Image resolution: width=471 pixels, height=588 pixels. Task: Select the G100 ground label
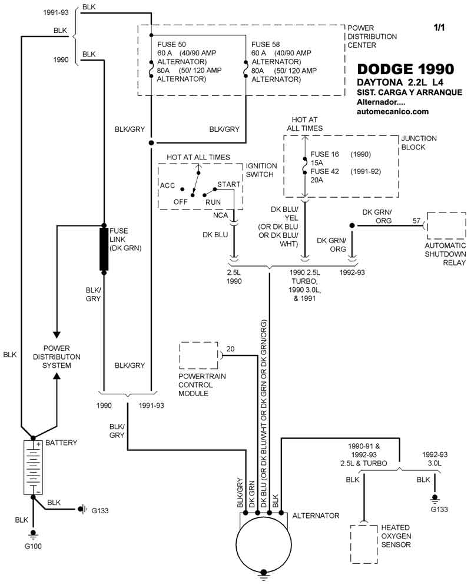point(33,546)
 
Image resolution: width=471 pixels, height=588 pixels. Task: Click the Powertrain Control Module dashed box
point(199,356)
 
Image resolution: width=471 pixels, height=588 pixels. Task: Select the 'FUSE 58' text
point(266,44)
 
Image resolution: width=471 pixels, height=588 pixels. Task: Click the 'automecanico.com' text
point(393,111)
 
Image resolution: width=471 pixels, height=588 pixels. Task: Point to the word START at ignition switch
point(229,185)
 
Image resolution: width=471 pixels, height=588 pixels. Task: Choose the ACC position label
point(168,185)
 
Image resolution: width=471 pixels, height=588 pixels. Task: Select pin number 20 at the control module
point(231,349)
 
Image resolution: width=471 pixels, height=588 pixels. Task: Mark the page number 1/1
point(439,27)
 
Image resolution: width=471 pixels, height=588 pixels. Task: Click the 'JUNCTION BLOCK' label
point(419,143)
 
